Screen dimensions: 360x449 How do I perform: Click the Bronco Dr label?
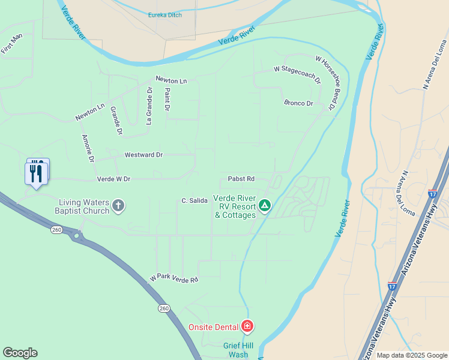click(299, 103)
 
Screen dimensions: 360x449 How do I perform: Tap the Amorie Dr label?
click(88, 148)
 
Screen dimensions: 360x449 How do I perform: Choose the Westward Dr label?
click(143, 155)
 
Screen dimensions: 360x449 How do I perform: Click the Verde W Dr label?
click(113, 179)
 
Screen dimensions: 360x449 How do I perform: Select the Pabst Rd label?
click(241, 179)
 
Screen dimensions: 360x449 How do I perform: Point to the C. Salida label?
click(194, 200)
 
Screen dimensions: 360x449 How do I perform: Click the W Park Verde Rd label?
click(174, 280)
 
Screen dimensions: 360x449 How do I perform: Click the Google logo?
click(20, 353)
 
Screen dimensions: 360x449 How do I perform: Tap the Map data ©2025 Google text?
click(411, 355)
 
